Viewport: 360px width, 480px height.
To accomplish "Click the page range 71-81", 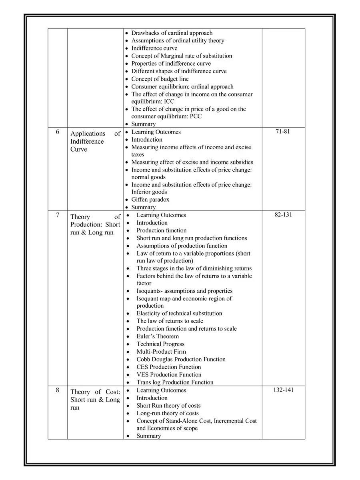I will coord(283,132).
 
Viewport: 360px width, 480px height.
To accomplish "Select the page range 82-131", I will coord(283,215).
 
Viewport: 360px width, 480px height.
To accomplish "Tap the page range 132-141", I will coord(283,390).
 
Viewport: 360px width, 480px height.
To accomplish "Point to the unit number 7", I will coord(58,215).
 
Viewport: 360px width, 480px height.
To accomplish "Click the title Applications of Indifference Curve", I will coord(95,141).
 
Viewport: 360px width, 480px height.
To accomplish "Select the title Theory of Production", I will coord(95,224).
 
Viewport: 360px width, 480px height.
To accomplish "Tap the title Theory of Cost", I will coord(95,400).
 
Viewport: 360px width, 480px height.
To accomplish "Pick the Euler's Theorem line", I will coord(158,336).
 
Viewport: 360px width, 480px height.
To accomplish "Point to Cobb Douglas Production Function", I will coord(181,359).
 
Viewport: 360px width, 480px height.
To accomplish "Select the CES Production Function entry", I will coord(168,367).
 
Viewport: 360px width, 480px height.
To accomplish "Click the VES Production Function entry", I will coord(169,374).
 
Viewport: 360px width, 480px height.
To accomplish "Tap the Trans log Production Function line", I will coord(175,382).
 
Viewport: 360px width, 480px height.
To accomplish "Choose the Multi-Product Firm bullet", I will coord(161,352).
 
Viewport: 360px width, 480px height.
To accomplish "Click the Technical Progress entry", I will coord(160,344).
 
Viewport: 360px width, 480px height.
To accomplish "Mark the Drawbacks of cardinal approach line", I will coord(172,33).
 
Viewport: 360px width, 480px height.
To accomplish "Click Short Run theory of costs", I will coord(168,406).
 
